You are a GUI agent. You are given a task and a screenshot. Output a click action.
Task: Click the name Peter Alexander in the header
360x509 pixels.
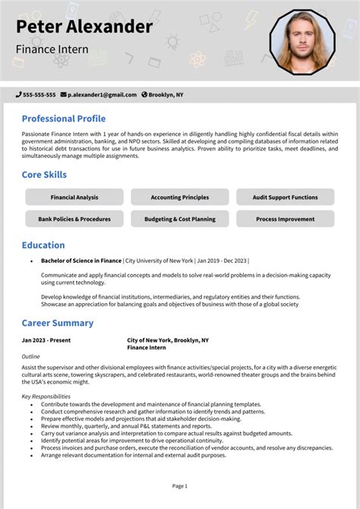pos(84,27)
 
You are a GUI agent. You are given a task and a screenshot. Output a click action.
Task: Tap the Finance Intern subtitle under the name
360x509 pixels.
pos(52,49)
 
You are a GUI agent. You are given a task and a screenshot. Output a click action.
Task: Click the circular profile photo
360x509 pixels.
pos(302,42)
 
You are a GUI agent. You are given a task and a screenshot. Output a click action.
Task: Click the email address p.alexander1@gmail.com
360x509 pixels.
pos(102,95)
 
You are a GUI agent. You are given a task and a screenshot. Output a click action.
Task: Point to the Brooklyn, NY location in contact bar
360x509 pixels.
pos(166,95)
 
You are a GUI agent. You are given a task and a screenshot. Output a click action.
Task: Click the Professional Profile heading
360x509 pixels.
pos(63,119)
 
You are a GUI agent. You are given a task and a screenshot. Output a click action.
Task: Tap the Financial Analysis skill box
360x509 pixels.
pos(74,198)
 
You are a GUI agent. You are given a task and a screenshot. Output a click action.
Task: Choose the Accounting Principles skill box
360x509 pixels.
pos(180,198)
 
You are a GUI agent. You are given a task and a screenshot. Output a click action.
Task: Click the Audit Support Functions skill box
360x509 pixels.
pos(285,198)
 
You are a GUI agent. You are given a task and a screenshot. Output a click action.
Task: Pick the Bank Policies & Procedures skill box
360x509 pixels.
pos(74,219)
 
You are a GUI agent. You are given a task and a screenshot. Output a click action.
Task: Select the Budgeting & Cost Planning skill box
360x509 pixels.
pos(180,219)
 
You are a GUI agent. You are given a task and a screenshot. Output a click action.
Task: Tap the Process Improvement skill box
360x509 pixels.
pos(285,219)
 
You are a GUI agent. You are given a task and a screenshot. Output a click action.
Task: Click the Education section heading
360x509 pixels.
pos(43,245)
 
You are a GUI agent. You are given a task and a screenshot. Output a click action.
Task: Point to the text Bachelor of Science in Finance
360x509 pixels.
pos(81,261)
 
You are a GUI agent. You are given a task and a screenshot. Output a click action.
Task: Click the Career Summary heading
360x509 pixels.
pos(57,323)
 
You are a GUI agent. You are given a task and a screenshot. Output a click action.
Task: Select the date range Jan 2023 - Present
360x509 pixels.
pos(46,340)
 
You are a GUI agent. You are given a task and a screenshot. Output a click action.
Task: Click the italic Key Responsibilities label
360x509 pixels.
pos(46,397)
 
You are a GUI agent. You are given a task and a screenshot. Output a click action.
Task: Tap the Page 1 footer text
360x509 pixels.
pos(180,485)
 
